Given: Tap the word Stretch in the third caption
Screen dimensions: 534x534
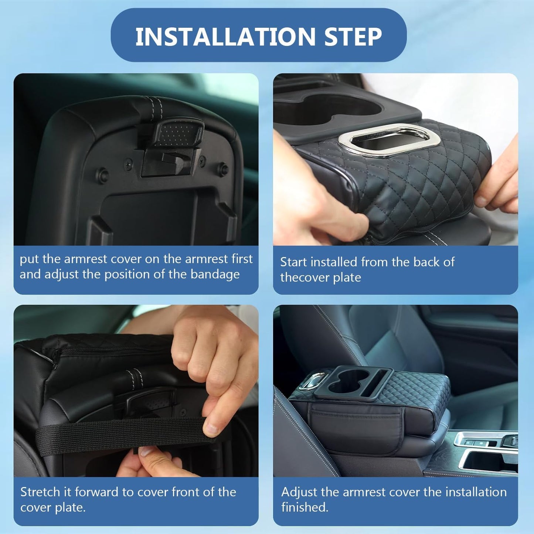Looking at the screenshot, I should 40,492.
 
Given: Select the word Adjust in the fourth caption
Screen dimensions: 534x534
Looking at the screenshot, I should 299,492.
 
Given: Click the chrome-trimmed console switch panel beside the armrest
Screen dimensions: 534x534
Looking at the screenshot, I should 484,442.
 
